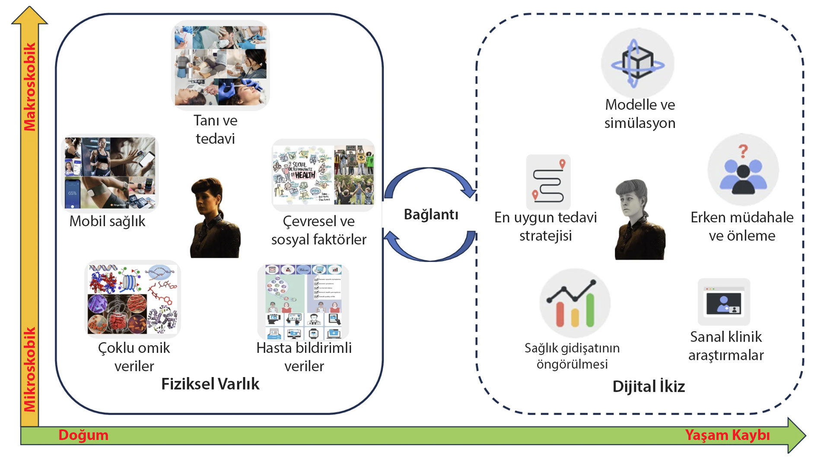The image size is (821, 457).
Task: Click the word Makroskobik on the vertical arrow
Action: pyautogui.click(x=29, y=86)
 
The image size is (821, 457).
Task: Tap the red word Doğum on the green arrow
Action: pyautogui.click(x=83, y=435)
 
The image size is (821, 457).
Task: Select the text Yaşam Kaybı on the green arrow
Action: pyautogui.click(x=727, y=435)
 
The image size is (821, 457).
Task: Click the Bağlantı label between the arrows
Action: pyautogui.click(x=431, y=214)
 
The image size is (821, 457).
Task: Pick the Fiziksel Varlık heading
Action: pyautogui.click(x=210, y=384)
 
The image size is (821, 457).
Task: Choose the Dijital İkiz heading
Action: pyautogui.click(x=649, y=386)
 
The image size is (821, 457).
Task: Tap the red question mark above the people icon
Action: pyautogui.click(x=743, y=151)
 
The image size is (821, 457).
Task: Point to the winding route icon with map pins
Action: pyautogui.click(x=548, y=182)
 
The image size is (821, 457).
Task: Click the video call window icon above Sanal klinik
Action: pyautogui.click(x=724, y=302)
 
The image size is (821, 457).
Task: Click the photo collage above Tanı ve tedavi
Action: pyautogui.click(x=220, y=65)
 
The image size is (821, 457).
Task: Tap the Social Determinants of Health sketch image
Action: pyautogui.click(x=302, y=175)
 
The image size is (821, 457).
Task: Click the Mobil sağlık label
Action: pyautogui.click(x=107, y=221)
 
